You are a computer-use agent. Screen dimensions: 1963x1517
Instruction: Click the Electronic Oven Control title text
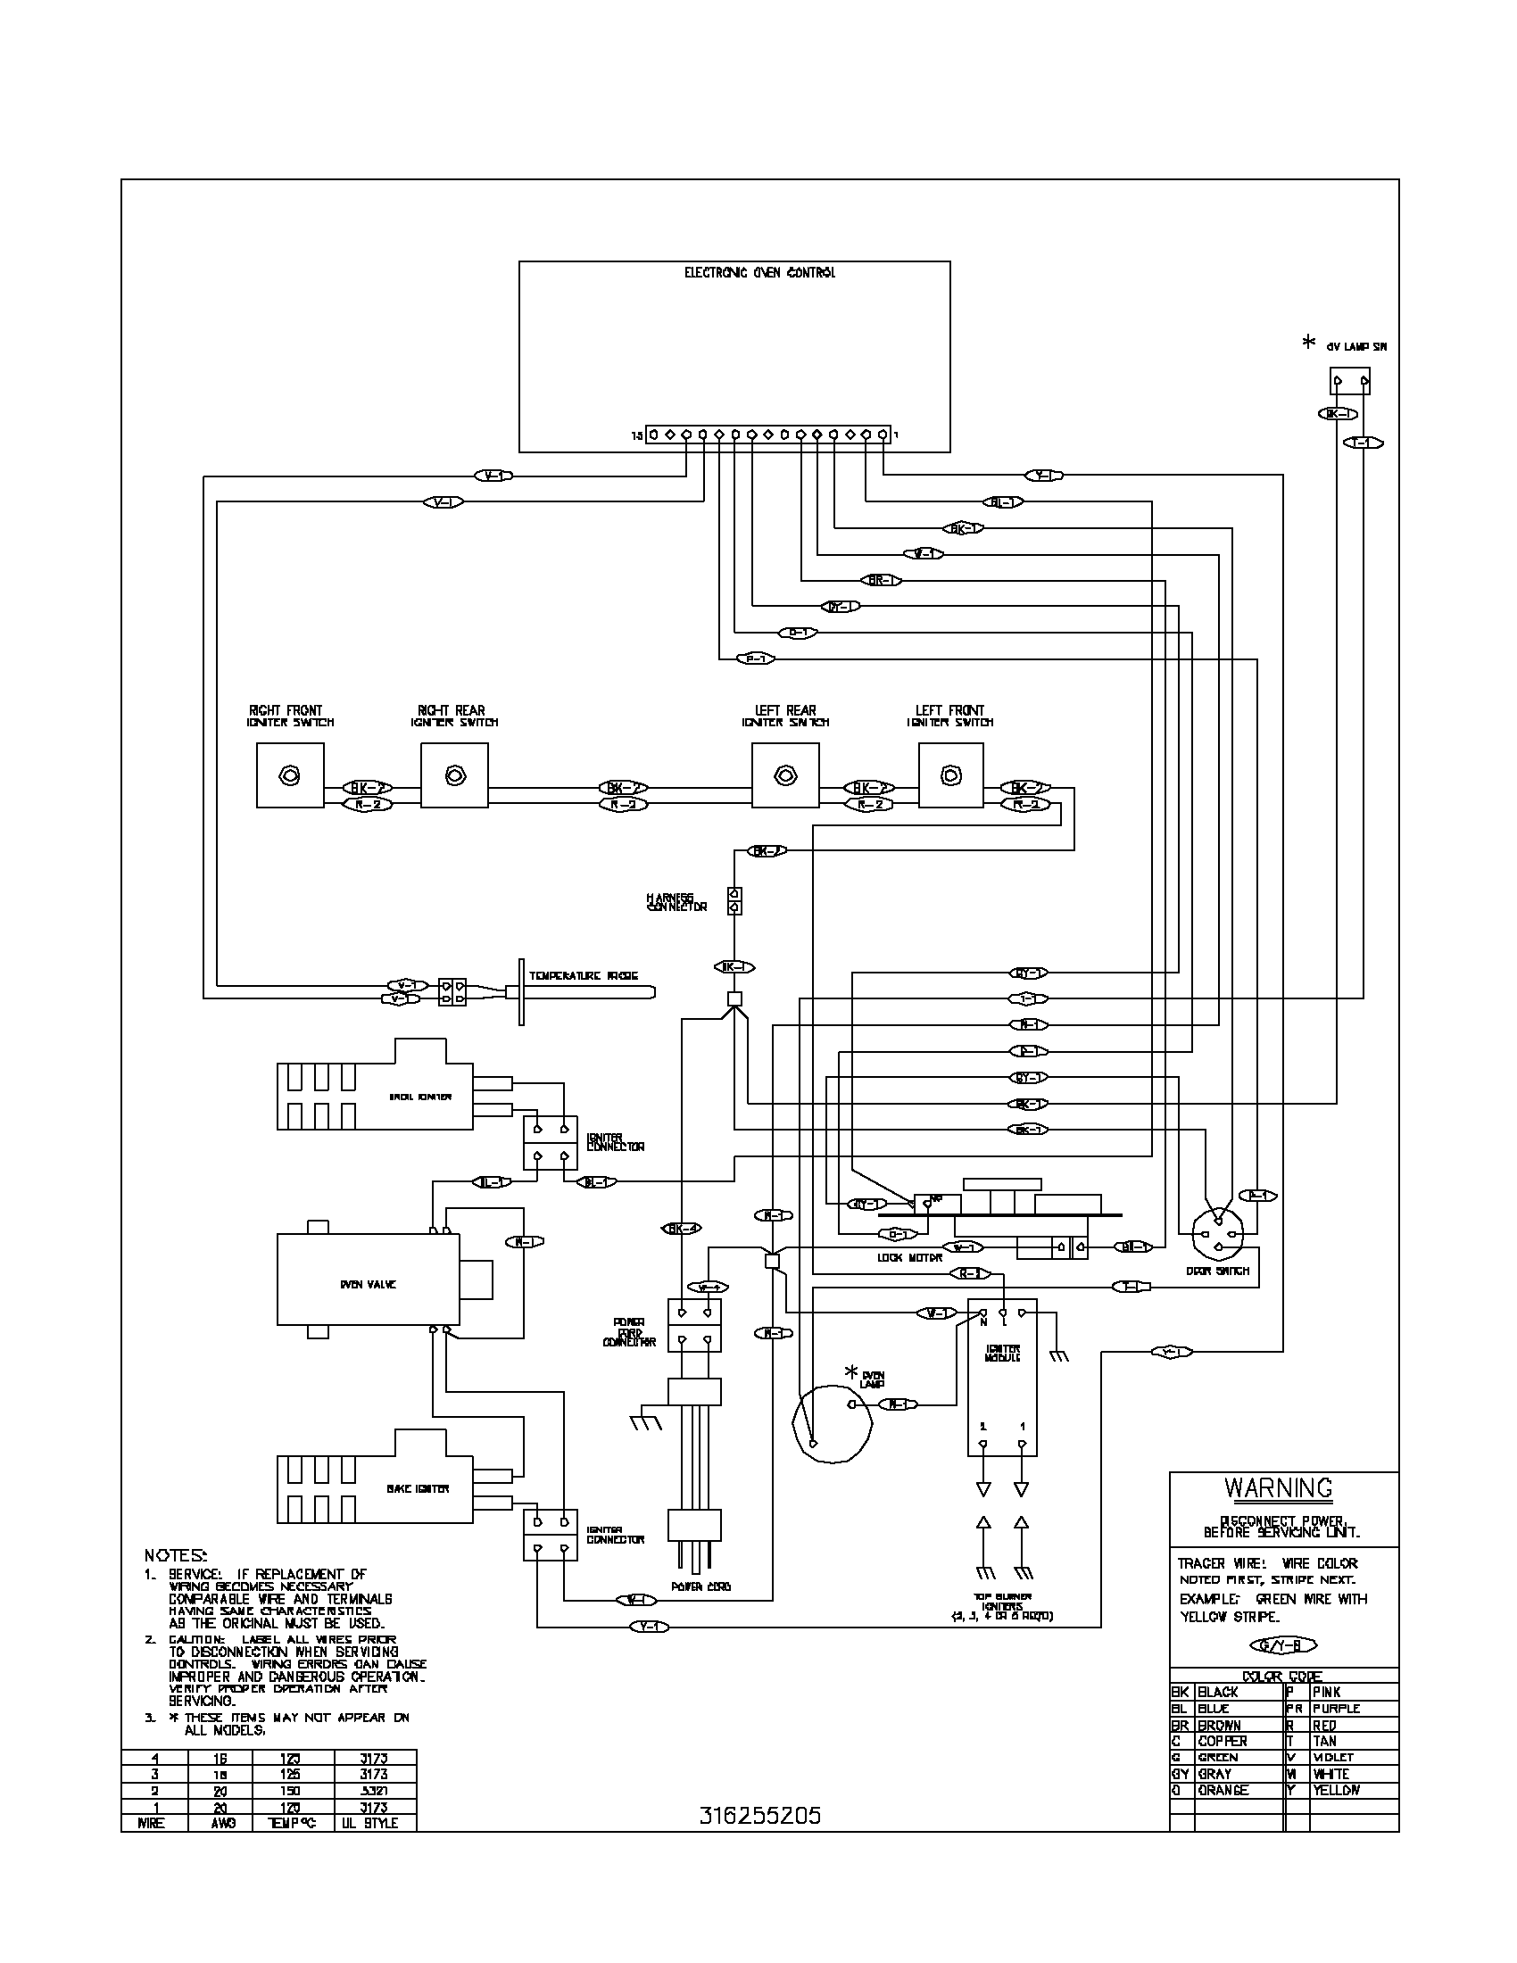(x=759, y=272)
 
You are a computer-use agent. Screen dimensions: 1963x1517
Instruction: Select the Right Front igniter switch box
(x=289, y=774)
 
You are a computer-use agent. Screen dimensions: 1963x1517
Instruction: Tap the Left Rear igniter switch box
(x=784, y=774)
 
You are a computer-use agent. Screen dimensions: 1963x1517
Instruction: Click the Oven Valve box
(x=368, y=1284)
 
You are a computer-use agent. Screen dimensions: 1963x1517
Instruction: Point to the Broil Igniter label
(x=407, y=1097)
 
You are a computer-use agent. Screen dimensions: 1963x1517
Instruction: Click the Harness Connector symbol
(x=734, y=900)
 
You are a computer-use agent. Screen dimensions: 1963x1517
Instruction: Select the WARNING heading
(x=1278, y=1487)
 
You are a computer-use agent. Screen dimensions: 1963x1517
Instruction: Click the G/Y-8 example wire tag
(x=1282, y=1645)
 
